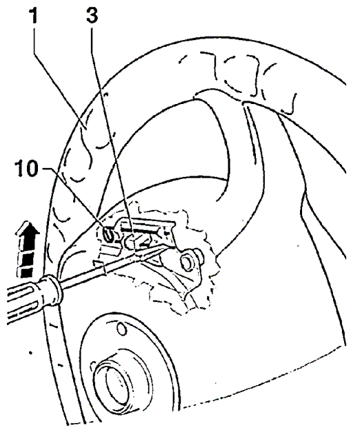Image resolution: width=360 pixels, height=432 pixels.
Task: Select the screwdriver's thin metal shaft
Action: tap(116, 265)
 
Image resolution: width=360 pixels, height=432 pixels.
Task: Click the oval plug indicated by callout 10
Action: tap(108, 234)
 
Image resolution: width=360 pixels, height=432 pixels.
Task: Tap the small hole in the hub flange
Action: tap(121, 329)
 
